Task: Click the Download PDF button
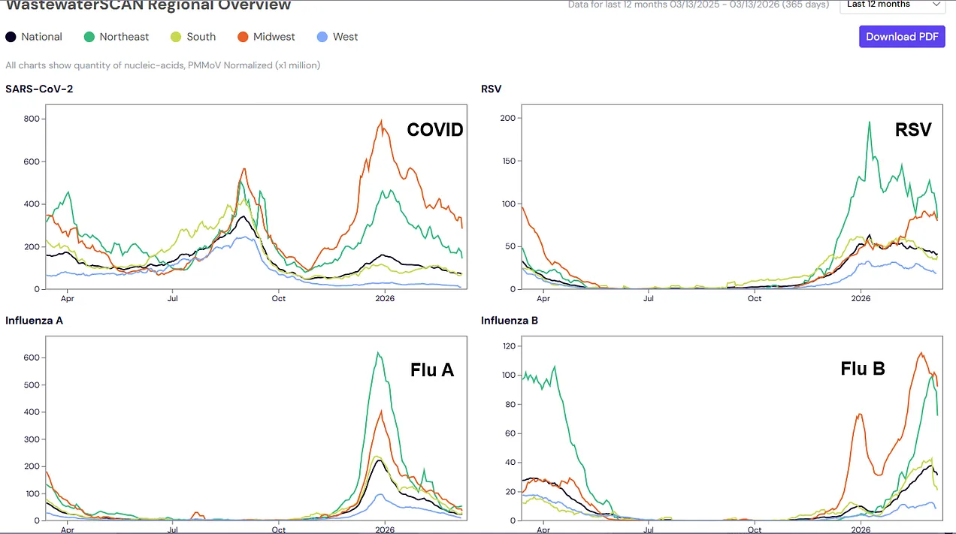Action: (x=902, y=37)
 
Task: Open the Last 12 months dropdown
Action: (x=892, y=5)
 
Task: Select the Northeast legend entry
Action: (x=116, y=37)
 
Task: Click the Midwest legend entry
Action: (x=266, y=37)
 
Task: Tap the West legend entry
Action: (x=337, y=37)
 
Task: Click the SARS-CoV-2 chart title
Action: (x=39, y=89)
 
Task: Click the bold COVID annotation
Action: (x=435, y=130)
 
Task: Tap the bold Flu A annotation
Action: (x=432, y=370)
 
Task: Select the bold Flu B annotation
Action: (x=863, y=369)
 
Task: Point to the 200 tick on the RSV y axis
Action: (x=508, y=119)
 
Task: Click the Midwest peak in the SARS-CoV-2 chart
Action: (x=382, y=121)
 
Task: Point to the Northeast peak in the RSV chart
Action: (x=870, y=122)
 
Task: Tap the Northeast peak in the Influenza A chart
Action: (x=379, y=353)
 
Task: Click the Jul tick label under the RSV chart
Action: (x=649, y=298)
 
